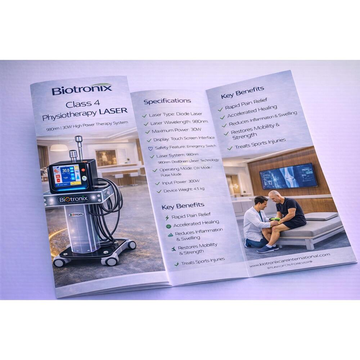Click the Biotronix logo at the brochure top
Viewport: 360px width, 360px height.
pos(82,89)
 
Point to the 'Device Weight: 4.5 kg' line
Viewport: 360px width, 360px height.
pos(184,189)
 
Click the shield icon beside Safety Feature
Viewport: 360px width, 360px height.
pos(150,148)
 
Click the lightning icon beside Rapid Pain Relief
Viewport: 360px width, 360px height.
pos(166,218)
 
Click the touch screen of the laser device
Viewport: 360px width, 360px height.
pos(67,176)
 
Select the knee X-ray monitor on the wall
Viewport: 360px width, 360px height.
pos(288,176)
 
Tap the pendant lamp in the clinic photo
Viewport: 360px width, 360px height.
pos(59,147)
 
